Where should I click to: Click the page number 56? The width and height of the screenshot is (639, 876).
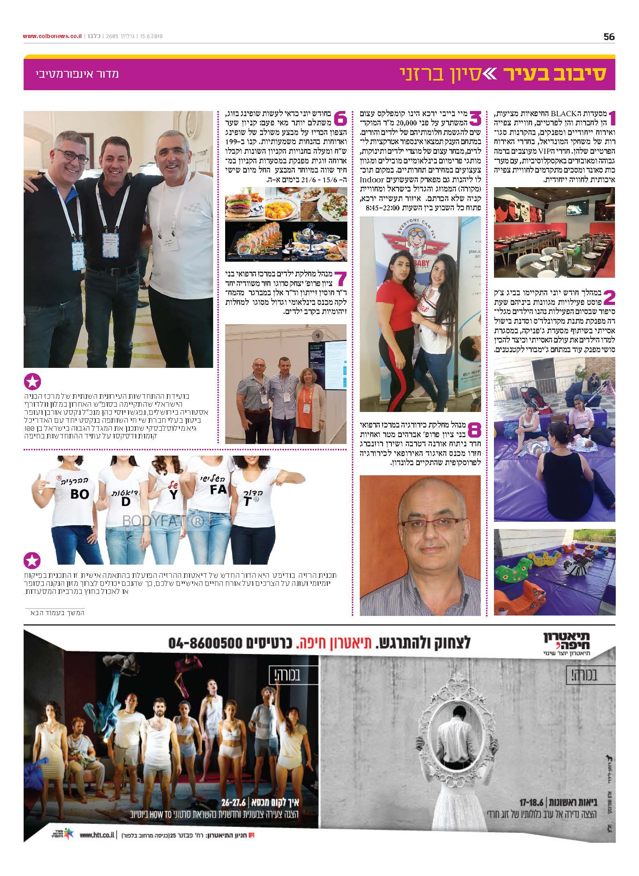click(x=609, y=36)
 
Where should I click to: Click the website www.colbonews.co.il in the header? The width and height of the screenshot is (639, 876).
click(x=52, y=36)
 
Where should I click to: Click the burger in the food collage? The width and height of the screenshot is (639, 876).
click(x=239, y=206)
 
